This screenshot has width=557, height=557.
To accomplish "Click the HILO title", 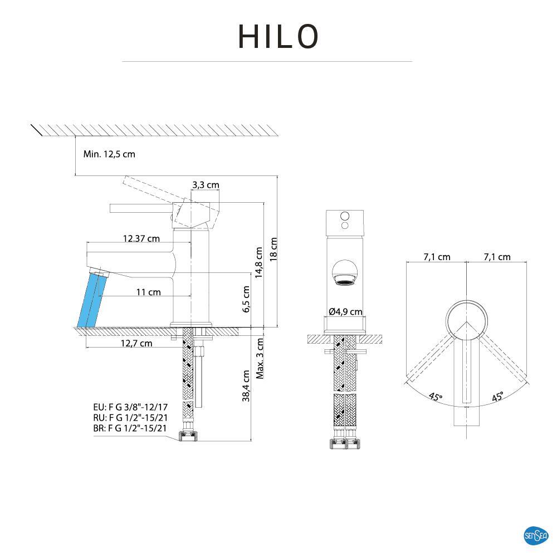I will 278,37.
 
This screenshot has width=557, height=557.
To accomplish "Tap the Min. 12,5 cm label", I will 109,154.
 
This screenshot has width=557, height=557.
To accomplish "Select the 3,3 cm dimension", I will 206,185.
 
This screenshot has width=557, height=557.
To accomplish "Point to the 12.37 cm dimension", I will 141,238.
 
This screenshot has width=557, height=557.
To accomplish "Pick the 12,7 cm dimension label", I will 136,343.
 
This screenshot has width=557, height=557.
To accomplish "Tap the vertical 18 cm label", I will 273,248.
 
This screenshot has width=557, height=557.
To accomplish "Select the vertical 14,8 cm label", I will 258,262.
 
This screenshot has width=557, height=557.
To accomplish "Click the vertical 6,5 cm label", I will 246,300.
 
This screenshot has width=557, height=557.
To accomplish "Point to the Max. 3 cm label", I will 260,358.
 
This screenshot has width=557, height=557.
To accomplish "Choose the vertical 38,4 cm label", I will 246,386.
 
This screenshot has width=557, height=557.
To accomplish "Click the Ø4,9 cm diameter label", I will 345,312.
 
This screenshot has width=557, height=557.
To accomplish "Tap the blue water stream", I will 90,300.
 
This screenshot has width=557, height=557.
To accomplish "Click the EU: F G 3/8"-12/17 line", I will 130,407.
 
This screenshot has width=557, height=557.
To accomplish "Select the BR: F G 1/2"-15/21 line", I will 130,428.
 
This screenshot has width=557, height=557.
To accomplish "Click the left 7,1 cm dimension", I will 437,257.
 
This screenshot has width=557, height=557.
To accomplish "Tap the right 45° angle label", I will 497,396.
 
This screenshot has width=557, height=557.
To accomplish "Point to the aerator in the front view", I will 345,273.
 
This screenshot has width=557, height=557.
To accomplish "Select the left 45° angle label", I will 436,397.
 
